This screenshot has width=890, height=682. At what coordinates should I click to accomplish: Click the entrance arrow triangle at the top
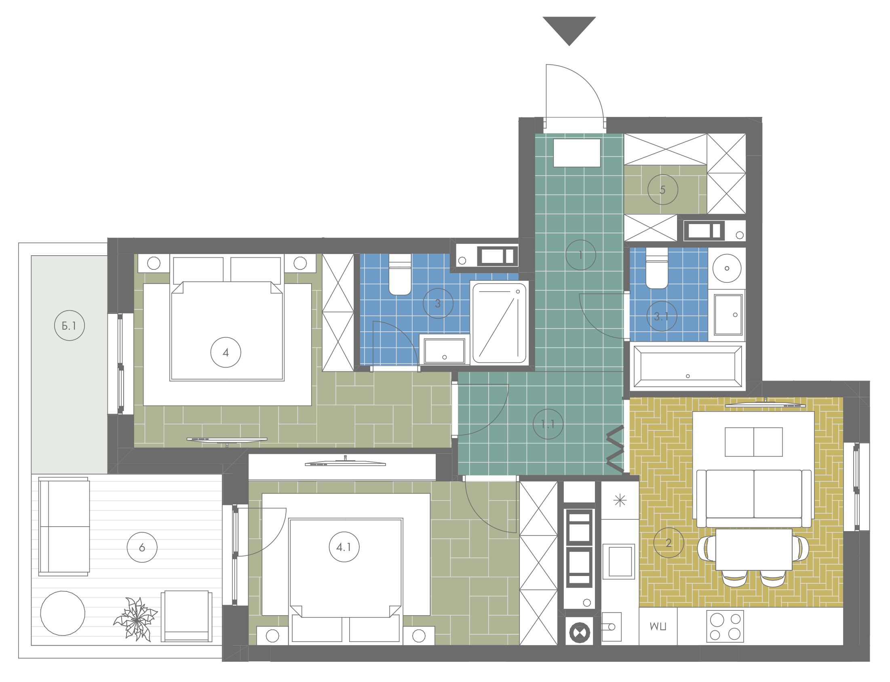pos(569,28)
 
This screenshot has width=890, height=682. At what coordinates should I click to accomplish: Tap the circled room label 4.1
pos(344,547)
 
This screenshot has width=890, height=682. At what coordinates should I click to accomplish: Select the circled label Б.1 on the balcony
pos(70,325)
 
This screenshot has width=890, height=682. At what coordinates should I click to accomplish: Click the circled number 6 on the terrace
pos(142,547)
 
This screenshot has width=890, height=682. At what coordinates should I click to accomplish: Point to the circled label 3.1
pos(662,316)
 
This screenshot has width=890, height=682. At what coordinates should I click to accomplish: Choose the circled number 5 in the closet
pos(662,190)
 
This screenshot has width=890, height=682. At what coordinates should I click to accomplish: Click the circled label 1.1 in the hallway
pos(548,424)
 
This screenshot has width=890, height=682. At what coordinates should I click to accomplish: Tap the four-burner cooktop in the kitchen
pos(725,627)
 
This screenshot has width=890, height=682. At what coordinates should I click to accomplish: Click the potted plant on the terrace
pos(135,619)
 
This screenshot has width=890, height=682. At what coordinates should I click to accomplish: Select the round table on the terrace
pos(63,613)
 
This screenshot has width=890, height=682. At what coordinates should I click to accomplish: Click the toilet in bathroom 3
pos(400,274)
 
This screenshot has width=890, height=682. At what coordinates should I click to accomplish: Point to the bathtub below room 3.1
pos(688,366)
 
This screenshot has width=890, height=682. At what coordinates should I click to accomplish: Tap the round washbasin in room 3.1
pos(727,268)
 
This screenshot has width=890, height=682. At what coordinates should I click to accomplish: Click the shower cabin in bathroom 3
pos(499,323)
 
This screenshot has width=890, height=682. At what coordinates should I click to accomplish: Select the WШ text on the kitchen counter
pos(658,627)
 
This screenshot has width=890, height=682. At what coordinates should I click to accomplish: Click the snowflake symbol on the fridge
pos(620,500)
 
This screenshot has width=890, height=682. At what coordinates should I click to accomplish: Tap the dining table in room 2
pos(754,549)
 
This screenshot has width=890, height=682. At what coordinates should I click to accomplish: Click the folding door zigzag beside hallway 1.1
pos(616,449)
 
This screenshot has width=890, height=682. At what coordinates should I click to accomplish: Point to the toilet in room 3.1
pos(657,268)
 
